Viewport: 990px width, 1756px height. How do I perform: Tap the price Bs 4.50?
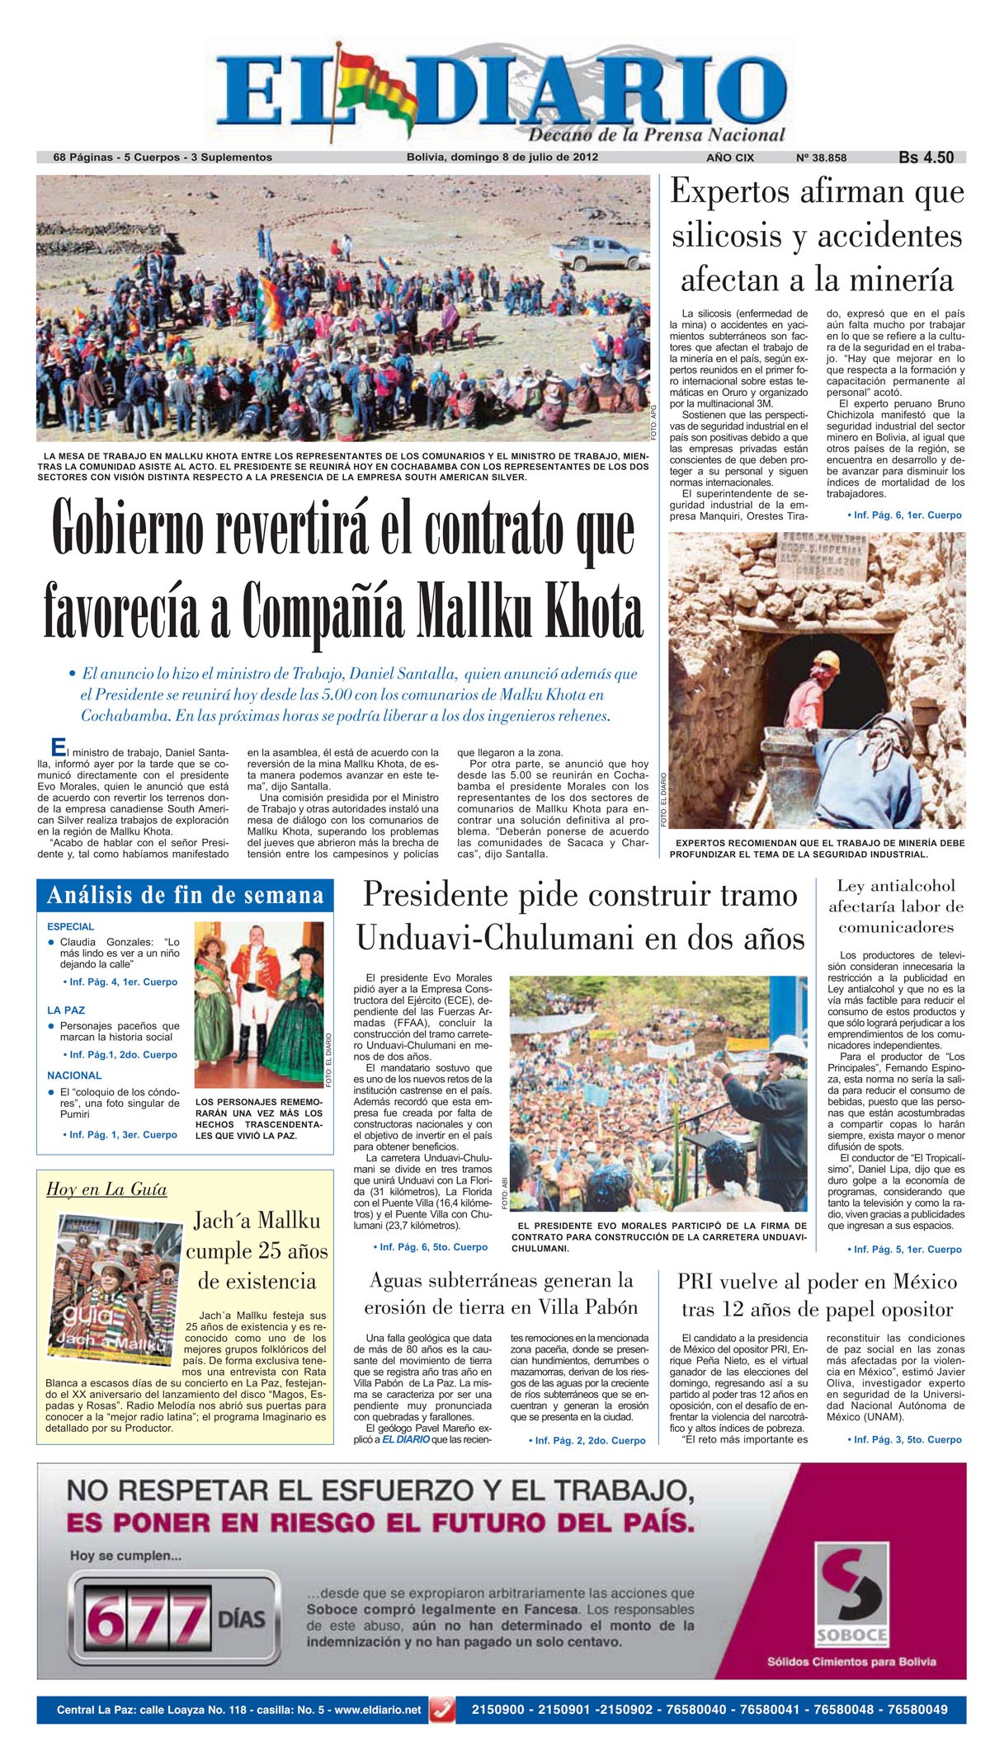coord(926,158)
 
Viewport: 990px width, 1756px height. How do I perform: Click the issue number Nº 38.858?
coord(821,158)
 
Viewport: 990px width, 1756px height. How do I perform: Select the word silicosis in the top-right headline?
coord(725,236)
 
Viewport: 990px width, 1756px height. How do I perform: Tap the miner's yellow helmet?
coord(827,659)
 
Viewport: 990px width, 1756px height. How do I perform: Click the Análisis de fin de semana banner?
coord(185,896)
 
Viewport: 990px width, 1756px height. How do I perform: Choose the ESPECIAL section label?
coord(70,926)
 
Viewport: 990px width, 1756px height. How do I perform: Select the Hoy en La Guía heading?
coord(106,1189)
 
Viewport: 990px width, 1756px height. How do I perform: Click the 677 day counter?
coord(148,1619)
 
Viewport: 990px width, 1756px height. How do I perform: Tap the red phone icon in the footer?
coord(443,1710)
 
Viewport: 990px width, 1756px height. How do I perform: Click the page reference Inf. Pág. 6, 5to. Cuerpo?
coord(430,1246)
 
